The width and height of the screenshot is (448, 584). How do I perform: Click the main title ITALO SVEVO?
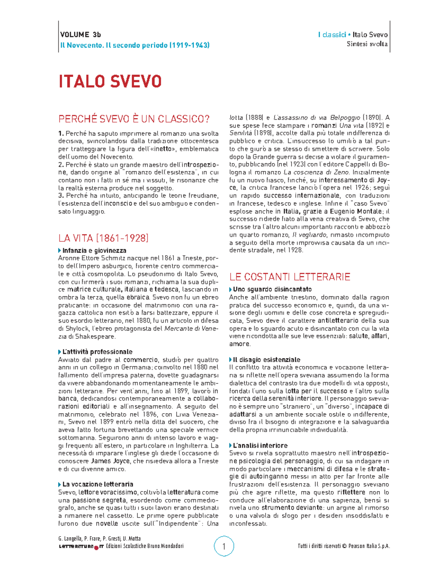(x=110, y=82)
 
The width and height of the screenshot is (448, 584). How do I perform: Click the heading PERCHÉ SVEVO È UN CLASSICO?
(x=134, y=119)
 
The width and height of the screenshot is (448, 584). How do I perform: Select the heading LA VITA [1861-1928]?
(x=103, y=238)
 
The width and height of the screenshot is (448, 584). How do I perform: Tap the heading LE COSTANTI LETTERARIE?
(x=290, y=277)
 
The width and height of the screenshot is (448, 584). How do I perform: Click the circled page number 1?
(x=224, y=547)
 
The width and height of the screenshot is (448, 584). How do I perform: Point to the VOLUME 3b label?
(x=80, y=35)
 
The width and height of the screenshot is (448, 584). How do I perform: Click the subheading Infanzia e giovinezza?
(x=94, y=250)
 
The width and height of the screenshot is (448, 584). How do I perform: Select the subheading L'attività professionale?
(x=97, y=352)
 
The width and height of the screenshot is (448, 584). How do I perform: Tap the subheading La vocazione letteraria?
(x=97, y=484)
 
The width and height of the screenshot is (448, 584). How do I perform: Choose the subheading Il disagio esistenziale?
(x=266, y=359)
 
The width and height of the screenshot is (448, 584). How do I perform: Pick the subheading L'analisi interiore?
(x=260, y=445)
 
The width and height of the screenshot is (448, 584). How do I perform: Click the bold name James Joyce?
(x=111, y=461)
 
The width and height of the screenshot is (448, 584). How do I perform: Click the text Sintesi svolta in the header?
(x=367, y=44)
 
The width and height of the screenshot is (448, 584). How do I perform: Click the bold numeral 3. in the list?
(x=61, y=195)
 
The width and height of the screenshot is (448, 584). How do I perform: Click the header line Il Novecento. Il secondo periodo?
(x=134, y=45)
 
